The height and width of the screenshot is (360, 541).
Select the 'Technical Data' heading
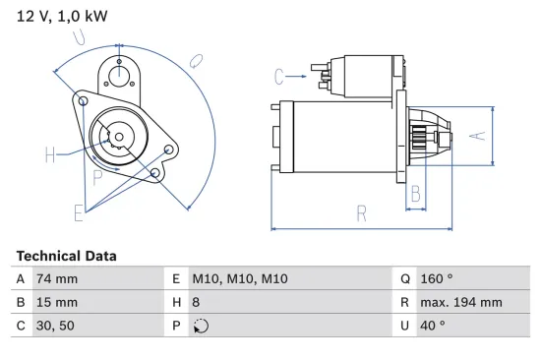click(66, 256)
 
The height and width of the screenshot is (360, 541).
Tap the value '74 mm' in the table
click(57, 278)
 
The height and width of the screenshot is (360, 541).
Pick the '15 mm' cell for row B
click(57, 302)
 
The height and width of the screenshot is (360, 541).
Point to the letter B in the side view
click(416, 193)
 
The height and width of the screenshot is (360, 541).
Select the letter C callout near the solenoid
click(279, 76)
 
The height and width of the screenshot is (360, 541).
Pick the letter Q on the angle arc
click(196, 61)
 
